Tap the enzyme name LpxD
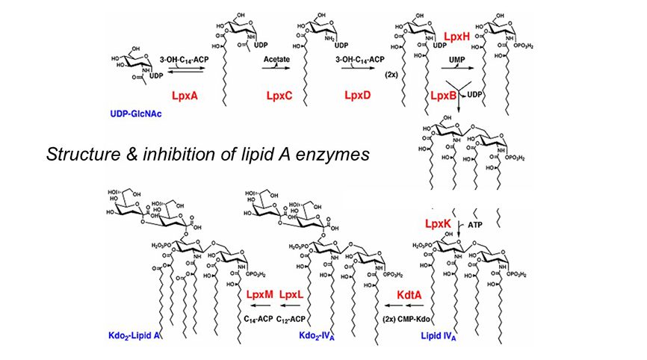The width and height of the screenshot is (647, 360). click(360, 96)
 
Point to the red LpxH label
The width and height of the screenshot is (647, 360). click(457, 37)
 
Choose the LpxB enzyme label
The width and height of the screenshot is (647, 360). click(445, 96)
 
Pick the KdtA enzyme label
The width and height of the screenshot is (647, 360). click(410, 297)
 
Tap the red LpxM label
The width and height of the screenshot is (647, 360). click(259, 297)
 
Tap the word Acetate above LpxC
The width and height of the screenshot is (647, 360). click(276, 58)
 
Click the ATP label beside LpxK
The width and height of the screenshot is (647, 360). click(476, 224)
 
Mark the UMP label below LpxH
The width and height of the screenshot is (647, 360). click(456, 58)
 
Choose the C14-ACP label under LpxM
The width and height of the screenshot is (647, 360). click(259, 319)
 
